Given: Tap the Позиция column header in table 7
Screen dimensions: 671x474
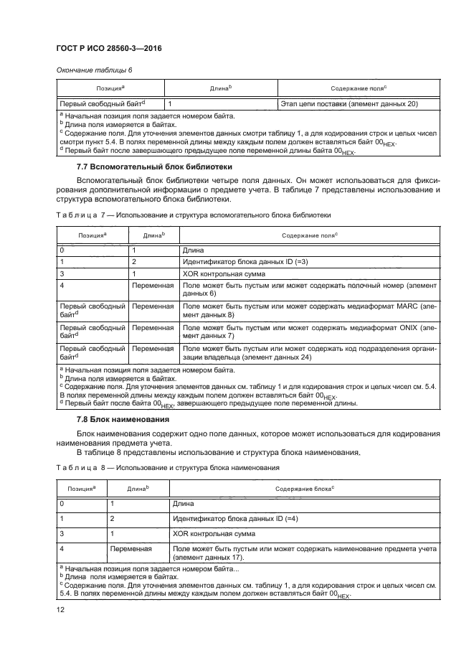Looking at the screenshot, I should point(93,235).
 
